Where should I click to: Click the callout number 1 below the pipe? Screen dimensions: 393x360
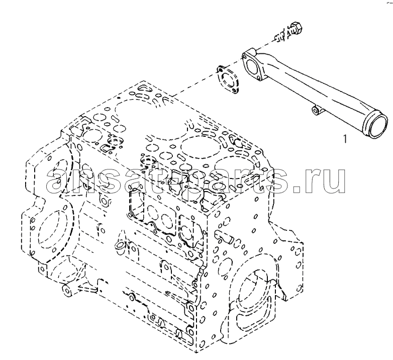pos(345,139)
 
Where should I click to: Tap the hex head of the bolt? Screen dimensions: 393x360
pos(296,28)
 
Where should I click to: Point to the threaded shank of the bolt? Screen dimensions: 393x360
pos(282,36)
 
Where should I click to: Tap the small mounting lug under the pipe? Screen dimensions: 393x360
pos(316,111)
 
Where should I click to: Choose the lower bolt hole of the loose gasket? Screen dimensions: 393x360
pos(234,91)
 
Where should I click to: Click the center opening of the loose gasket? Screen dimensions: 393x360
pos(228,80)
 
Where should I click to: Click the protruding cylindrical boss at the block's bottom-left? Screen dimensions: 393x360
pos(66,291)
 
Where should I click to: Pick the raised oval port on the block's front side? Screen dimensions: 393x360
pos(119,245)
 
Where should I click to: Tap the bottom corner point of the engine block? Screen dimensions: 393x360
pos(196,351)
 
